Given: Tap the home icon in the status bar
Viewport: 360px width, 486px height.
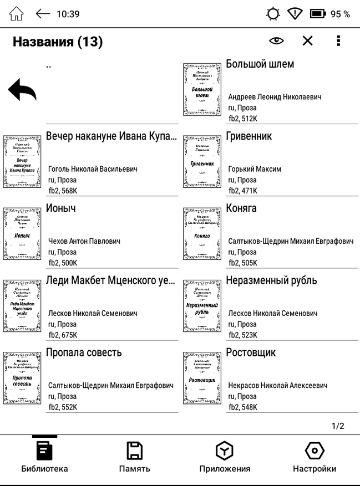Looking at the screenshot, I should pos(17,14).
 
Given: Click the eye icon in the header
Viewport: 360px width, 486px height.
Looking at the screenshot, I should pos(276,41).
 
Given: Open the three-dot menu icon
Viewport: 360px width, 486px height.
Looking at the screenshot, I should pos(338,41).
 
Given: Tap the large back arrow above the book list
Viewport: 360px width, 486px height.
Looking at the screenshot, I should pos(22,90).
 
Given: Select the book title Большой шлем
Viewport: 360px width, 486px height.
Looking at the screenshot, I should pos(260,64).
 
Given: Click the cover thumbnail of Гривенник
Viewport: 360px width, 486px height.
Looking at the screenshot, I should pos(202,161).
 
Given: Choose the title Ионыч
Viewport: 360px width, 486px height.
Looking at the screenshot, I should pos(61,208).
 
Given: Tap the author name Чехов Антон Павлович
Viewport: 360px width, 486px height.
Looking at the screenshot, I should pos(84,241).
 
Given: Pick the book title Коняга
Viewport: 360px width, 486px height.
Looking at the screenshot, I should pos(241,208).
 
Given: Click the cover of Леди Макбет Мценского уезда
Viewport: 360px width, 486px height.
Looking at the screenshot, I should pos(22,305).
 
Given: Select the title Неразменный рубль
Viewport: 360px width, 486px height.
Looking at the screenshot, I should pos(271,280).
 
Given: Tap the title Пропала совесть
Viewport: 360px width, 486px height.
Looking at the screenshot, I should pos(84,352).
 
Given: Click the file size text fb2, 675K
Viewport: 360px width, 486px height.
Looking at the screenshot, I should pos(63,335).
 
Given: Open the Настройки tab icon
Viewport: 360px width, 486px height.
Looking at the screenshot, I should pos(315,451).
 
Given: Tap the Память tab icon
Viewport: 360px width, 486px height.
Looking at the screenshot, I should pos(134,451).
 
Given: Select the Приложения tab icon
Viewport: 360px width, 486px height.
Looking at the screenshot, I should pos(225,451).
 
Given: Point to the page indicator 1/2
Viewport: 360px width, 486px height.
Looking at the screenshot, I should pos(338,426).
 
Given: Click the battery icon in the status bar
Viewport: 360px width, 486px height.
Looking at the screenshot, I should pos(318,14).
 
